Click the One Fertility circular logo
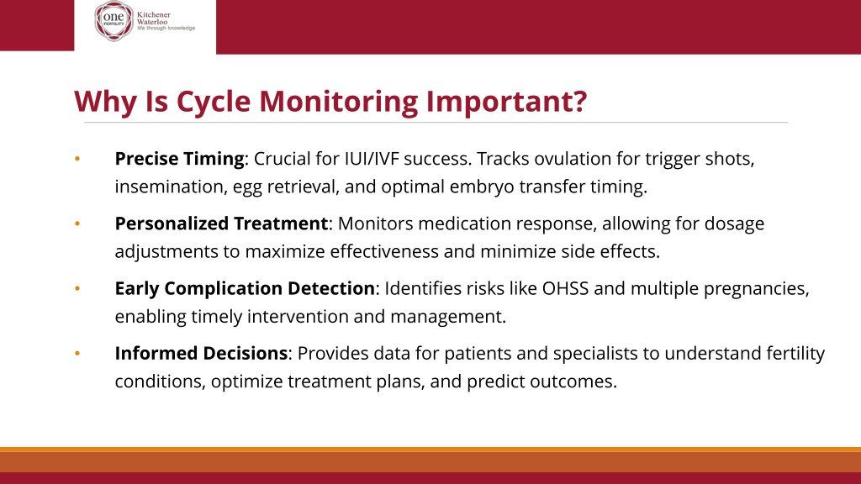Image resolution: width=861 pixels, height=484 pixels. tap(114, 21)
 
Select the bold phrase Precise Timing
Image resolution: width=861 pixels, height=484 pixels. tap(180, 159)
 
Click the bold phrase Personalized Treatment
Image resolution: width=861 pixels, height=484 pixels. tap(221, 224)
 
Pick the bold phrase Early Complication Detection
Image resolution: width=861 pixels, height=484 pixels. tap(245, 289)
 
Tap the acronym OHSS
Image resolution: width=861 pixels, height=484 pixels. tap(566, 288)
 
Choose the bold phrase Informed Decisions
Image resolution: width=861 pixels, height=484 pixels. tap(201, 353)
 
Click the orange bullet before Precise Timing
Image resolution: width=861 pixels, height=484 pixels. tap(77, 159)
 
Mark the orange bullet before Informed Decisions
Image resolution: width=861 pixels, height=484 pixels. tap(77, 354)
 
